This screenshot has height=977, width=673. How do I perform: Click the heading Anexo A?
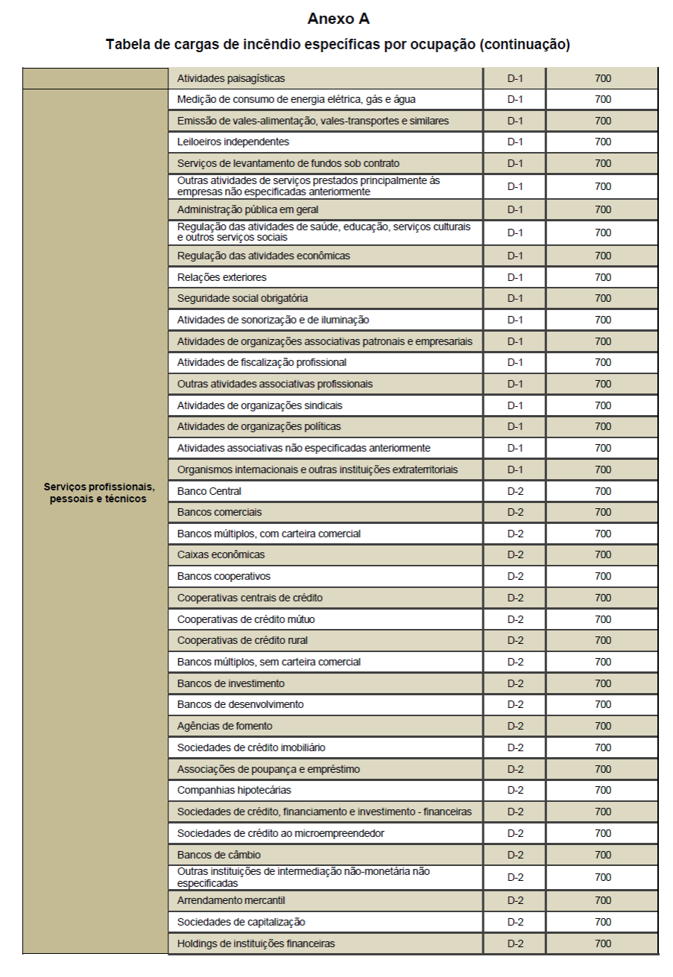click(338, 18)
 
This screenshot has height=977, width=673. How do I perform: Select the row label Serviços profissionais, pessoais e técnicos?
click(99, 493)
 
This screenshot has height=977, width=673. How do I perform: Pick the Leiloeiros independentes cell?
click(233, 142)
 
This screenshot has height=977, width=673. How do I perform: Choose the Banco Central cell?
click(209, 491)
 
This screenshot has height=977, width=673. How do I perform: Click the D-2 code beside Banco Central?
click(516, 491)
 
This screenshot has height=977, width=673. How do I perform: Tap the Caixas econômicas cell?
click(221, 554)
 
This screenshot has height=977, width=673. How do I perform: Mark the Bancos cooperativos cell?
click(224, 576)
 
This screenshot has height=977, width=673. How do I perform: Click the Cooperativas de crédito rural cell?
click(242, 640)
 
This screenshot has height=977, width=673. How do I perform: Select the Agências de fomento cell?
click(225, 726)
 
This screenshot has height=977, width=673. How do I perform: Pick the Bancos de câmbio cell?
click(219, 854)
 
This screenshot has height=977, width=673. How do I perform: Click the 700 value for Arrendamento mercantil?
click(603, 900)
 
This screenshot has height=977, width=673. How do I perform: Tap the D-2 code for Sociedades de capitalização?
click(516, 922)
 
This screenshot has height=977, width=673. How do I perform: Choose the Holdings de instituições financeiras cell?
click(256, 943)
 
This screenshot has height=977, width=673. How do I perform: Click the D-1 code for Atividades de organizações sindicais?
click(516, 405)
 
